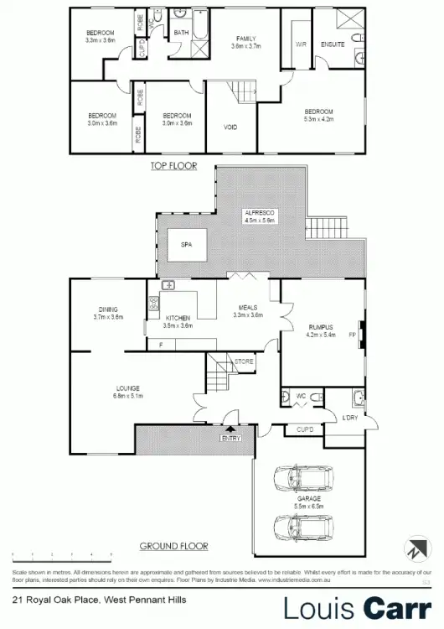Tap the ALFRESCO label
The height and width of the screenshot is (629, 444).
click(x=260, y=214)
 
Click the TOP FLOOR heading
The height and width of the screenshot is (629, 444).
click(x=173, y=166)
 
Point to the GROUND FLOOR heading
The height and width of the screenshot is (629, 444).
click(x=173, y=546)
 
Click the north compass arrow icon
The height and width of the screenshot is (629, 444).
click(x=416, y=550)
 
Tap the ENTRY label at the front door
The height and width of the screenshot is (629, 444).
click(x=231, y=438)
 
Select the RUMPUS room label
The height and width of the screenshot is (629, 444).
click(x=321, y=327)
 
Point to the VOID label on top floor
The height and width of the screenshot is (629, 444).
click(x=230, y=127)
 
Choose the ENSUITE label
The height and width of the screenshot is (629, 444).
click(x=333, y=44)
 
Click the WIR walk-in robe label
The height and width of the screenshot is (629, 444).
click(x=298, y=44)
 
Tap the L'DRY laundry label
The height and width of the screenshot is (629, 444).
click(x=349, y=417)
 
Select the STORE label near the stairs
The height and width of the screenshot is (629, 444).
click(x=244, y=361)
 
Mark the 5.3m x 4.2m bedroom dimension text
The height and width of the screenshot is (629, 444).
click(x=318, y=119)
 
